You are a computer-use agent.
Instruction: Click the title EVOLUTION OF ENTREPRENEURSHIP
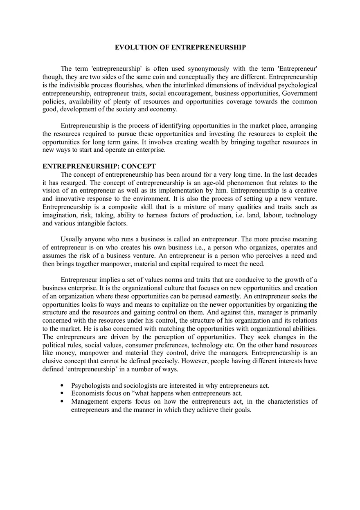pyautogui.click(x=180, y=47)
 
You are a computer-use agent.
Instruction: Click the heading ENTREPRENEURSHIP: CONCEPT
pyautogui.click(x=99, y=166)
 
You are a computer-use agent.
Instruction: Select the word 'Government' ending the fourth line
pyautogui.click(x=299, y=93)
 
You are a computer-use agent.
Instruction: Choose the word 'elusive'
pyautogui.click(x=53, y=361)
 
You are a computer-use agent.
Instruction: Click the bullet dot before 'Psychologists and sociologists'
pyautogui.click(x=62, y=385)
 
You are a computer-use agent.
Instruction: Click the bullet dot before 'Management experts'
pyautogui.click(x=62, y=402)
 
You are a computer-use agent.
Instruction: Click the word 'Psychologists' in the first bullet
pyautogui.click(x=90, y=385)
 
